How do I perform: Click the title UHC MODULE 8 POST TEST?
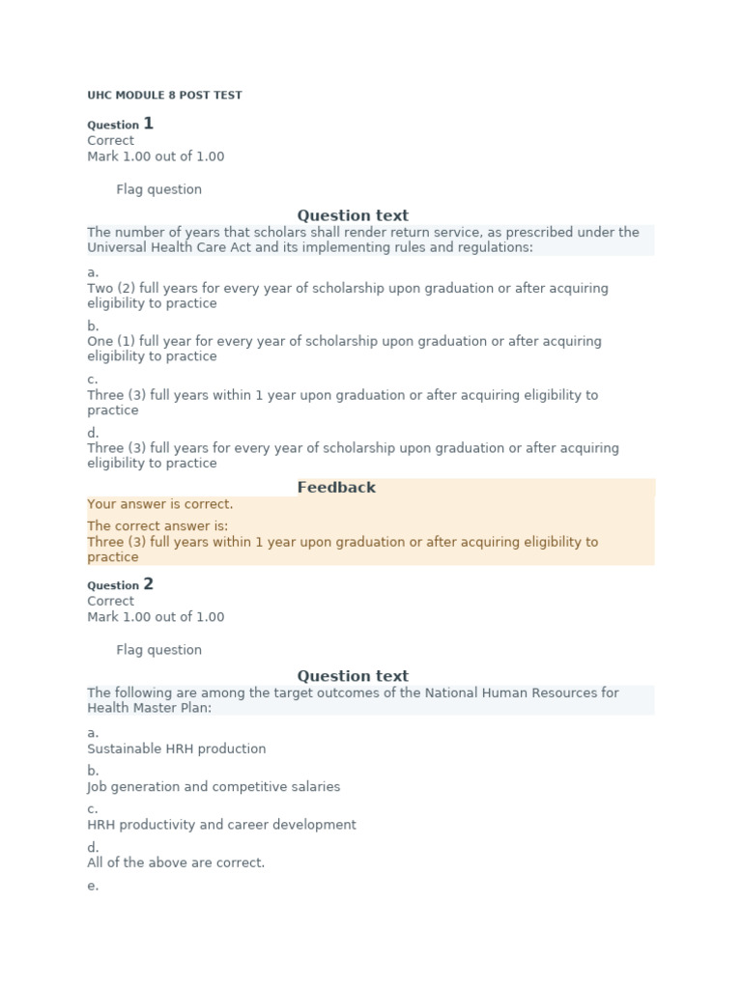(x=164, y=96)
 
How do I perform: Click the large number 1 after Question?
(x=148, y=124)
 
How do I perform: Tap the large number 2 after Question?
(x=148, y=584)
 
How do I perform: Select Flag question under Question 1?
(x=158, y=189)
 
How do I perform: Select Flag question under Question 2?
(x=158, y=650)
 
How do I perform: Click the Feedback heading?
(x=336, y=488)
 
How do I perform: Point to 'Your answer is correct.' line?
(x=159, y=504)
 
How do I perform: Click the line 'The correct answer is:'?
(x=157, y=526)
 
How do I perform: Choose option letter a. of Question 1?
(x=93, y=272)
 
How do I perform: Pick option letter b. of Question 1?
(x=93, y=326)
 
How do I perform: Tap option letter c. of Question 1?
(x=93, y=380)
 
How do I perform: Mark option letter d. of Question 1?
(x=93, y=434)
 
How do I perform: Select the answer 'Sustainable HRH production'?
(x=176, y=749)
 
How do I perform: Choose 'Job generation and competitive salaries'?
(x=214, y=787)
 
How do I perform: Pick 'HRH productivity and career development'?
(x=221, y=825)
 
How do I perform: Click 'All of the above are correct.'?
(x=176, y=862)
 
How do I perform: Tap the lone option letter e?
(x=93, y=886)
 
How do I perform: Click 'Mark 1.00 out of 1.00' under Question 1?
(x=156, y=156)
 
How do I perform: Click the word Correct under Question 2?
(x=110, y=601)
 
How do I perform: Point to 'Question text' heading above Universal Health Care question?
(x=353, y=215)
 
